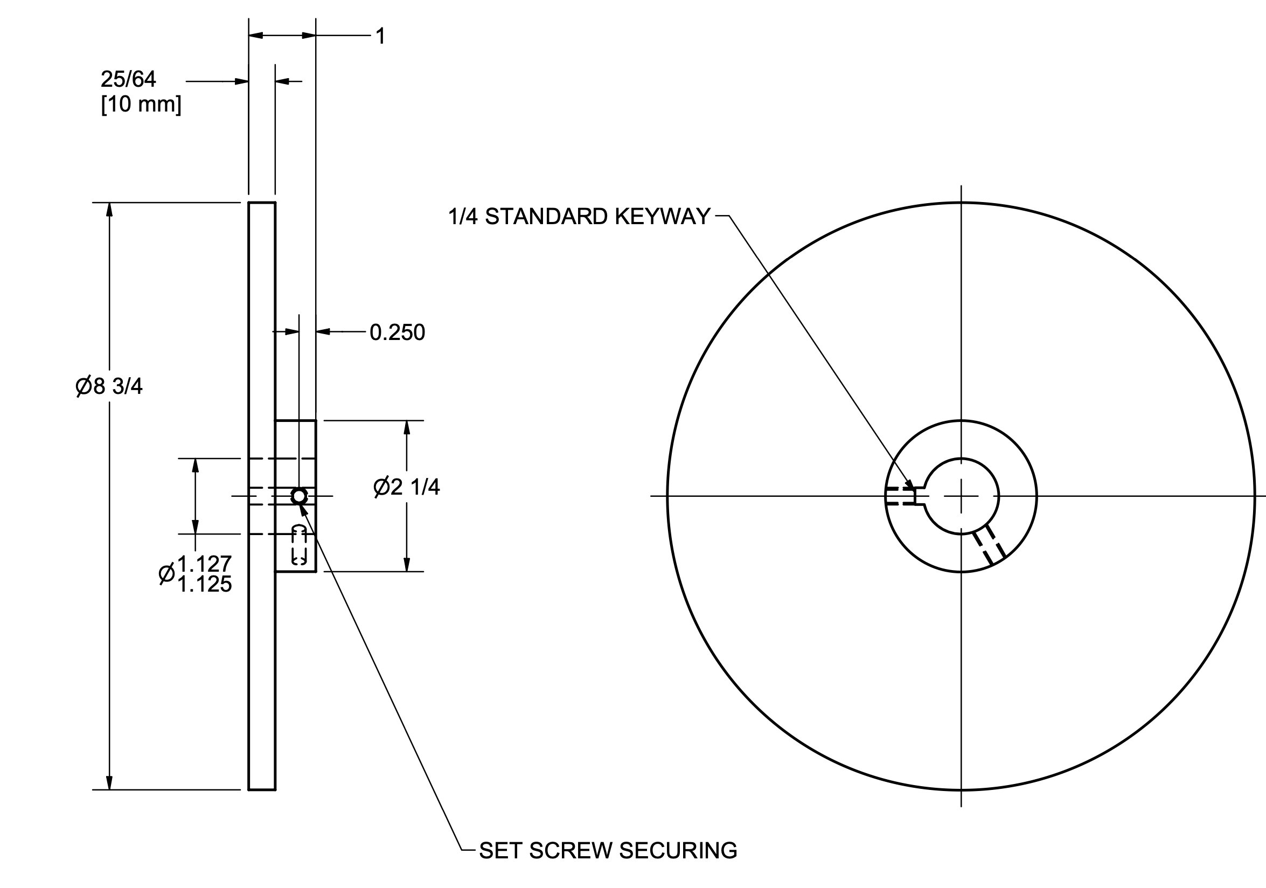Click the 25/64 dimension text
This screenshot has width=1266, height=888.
pos(128,79)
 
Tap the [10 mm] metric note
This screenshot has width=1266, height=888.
pos(141,104)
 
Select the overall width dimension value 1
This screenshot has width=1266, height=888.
pos(380,37)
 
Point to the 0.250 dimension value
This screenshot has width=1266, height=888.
pos(397,332)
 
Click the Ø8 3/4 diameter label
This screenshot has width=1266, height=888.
pos(109,387)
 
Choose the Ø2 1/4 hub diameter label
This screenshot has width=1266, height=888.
pos(406,487)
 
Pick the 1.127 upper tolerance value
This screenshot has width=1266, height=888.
pos(204,564)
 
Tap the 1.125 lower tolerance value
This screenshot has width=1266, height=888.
pos(204,585)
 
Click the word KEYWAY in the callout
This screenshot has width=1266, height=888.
pos(662,217)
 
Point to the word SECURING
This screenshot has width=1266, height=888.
pos(678,851)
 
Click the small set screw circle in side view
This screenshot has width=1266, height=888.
pos(299,496)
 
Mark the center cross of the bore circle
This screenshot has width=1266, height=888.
pos(961,496)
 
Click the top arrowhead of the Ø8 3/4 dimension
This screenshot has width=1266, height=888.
pos(109,210)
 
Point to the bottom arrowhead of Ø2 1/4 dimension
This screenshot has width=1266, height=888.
pos(407,565)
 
